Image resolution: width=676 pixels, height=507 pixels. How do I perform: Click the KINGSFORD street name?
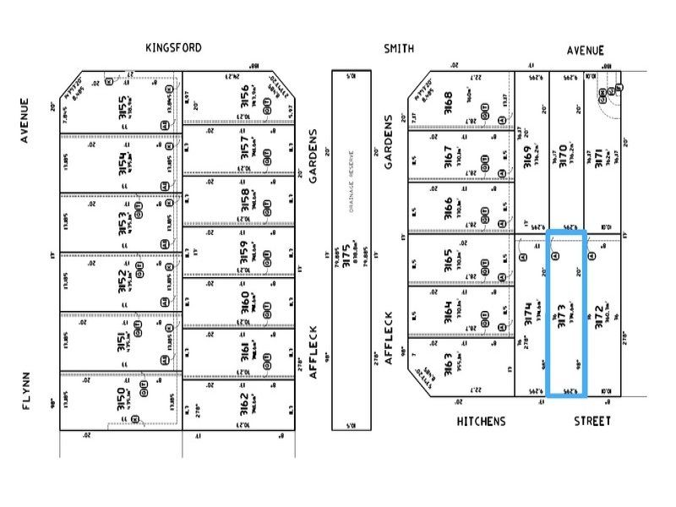tap(173, 48)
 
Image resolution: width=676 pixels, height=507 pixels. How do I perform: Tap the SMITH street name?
tap(399, 49)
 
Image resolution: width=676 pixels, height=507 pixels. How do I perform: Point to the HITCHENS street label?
tap(481, 421)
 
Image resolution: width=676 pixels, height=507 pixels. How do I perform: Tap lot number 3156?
tap(243, 97)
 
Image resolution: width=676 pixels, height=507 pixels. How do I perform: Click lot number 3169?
tap(528, 157)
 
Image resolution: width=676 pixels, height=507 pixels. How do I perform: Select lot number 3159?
tap(243, 254)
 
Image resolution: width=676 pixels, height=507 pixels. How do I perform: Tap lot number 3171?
tap(597, 157)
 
